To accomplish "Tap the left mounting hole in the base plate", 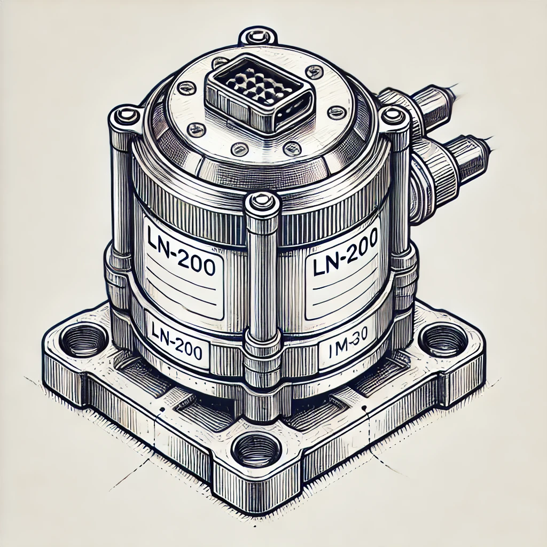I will (82, 339).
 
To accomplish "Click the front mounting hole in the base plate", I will (257, 449).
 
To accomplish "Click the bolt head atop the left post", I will (124, 114).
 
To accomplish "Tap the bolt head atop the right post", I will (394, 114).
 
